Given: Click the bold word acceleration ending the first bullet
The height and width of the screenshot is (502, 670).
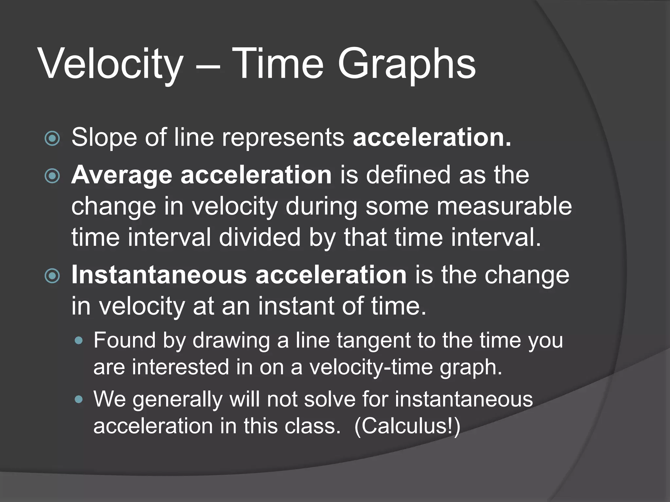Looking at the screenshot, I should point(432,138).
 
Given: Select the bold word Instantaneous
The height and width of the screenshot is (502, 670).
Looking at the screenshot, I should point(159,275).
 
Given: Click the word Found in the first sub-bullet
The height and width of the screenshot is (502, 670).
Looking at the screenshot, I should point(125,340).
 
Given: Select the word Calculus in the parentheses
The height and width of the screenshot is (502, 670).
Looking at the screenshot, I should point(406,426).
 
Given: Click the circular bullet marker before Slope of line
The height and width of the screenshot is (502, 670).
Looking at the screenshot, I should point(52,138).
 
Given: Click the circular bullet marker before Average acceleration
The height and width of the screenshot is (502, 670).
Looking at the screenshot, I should point(52,176).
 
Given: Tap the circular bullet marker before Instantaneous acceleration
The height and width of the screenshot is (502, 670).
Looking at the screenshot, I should point(52,276).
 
